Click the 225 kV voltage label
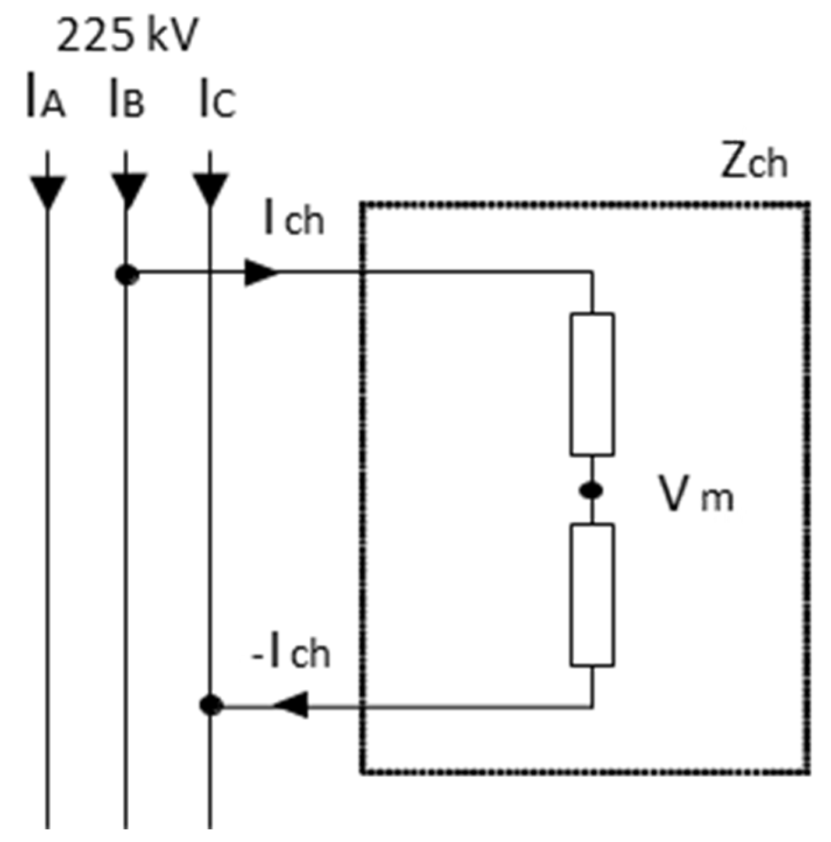pyautogui.click(x=128, y=36)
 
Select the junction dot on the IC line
pyautogui.click(x=211, y=705)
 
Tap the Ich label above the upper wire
pyautogui.click(x=293, y=218)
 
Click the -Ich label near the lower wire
pyautogui.click(x=291, y=653)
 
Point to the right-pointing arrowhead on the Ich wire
pyautogui.click(x=260, y=272)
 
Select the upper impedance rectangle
pyautogui.click(x=592, y=384)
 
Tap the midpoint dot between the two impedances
pyautogui.click(x=592, y=490)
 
